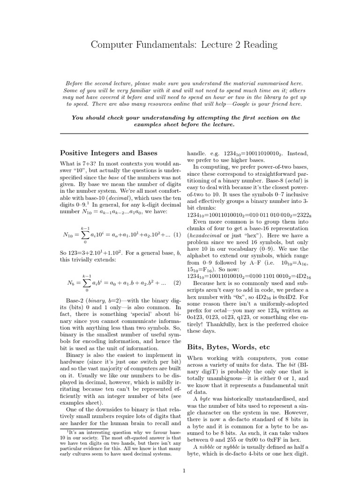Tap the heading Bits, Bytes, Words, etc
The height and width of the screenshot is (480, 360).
click(x=229, y=347)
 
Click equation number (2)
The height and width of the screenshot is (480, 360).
click(x=177, y=283)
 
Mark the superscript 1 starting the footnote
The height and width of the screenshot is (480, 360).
click(x=67, y=430)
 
